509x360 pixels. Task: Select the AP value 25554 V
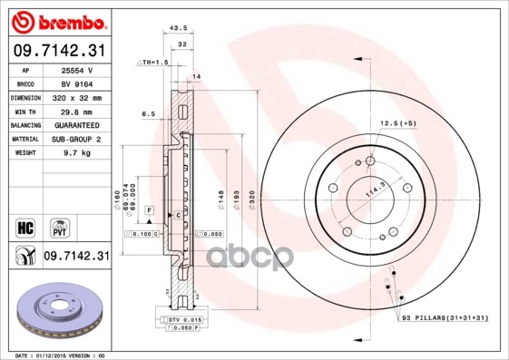pos(77,69)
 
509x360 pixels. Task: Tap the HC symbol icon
pos(25,225)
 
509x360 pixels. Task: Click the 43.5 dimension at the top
pos(179,29)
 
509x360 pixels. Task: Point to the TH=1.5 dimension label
pos(151,62)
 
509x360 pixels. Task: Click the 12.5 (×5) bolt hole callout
pos(397,122)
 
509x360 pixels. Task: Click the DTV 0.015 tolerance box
pos(181,320)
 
